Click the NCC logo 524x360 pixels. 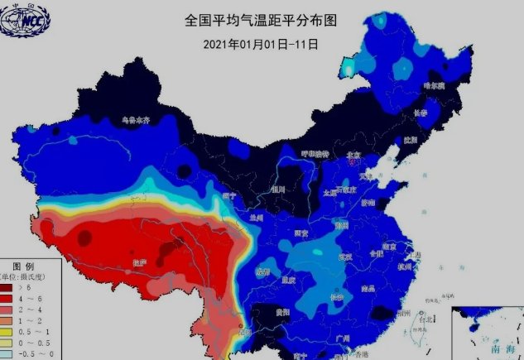[24, 20]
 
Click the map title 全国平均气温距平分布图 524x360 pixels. [261, 19]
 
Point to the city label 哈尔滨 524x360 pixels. [434, 84]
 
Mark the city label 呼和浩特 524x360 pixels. [315, 155]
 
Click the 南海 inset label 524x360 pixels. [502, 350]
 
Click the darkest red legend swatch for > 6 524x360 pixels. [10, 286]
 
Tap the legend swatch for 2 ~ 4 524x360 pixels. [10, 308]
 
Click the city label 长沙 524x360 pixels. [336, 296]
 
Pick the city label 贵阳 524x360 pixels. [284, 313]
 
